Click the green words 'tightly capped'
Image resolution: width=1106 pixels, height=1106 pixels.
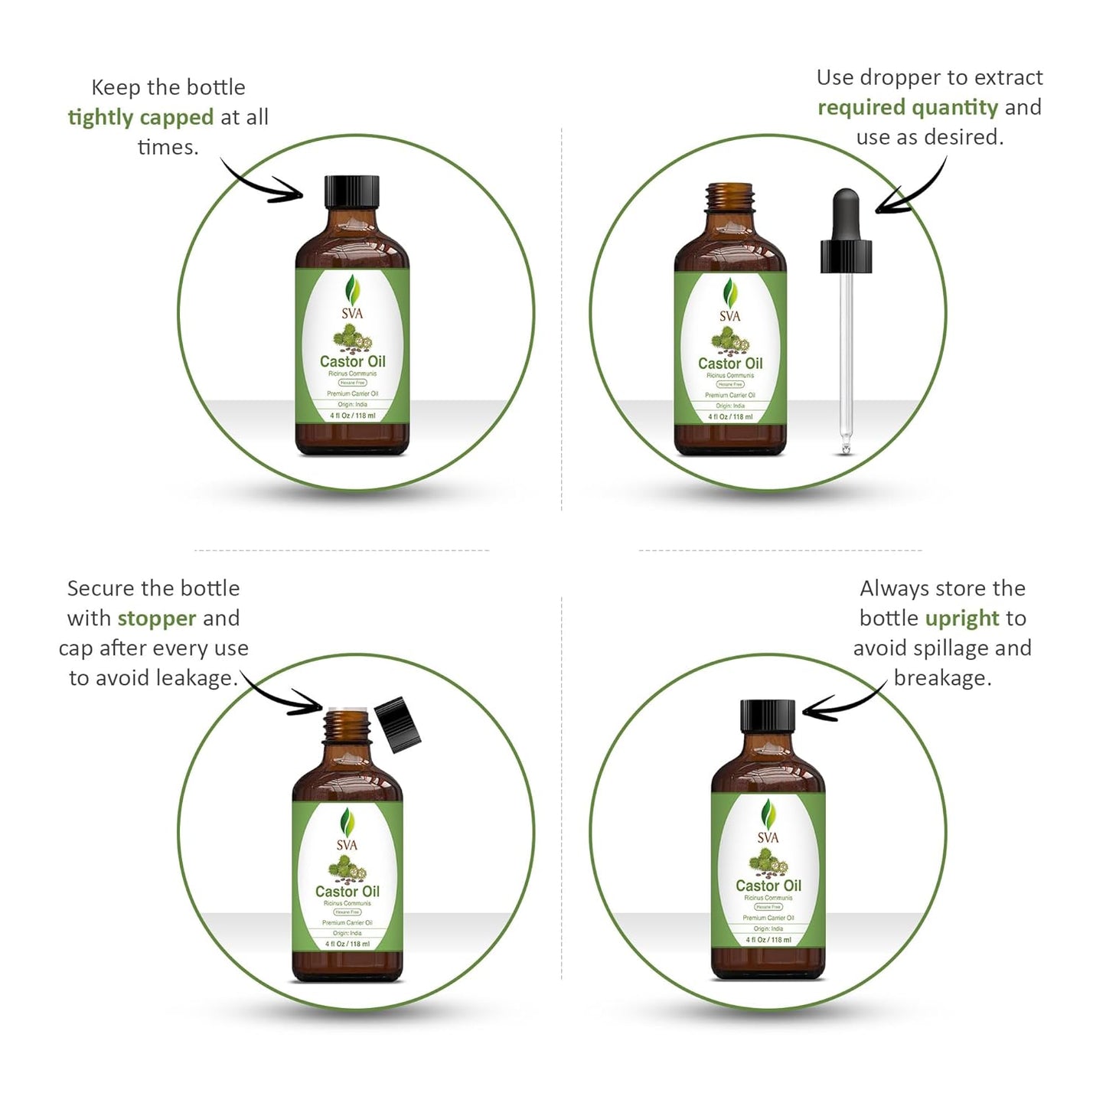(x=140, y=117)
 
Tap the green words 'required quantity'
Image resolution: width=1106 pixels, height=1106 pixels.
(x=907, y=107)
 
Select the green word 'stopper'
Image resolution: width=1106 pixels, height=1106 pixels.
(x=156, y=618)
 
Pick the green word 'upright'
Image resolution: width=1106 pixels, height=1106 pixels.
(x=961, y=618)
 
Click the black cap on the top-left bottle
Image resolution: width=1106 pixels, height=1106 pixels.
(x=352, y=191)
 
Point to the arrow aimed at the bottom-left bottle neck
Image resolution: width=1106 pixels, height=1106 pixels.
(x=283, y=693)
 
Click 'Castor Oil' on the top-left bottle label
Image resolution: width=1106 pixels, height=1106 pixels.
(x=352, y=361)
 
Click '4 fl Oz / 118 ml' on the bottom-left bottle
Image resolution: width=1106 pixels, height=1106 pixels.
(x=347, y=944)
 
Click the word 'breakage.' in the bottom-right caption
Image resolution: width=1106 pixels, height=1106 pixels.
(x=941, y=678)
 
